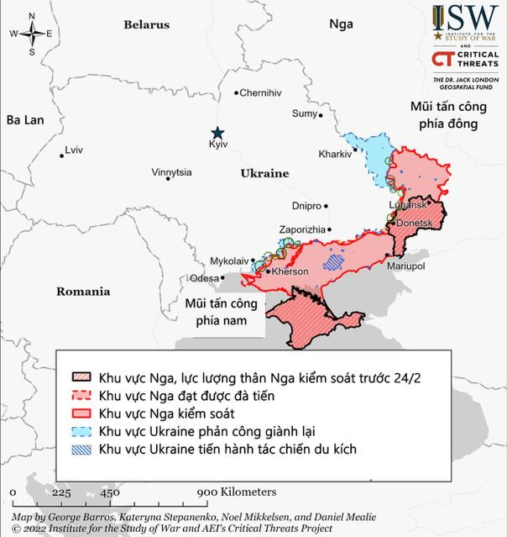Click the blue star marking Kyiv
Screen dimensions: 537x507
217,133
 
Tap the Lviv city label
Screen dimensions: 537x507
74,150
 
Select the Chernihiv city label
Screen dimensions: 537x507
261,93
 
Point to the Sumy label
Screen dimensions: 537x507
303,113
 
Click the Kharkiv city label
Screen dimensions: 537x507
335,155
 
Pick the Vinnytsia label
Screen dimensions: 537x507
171,172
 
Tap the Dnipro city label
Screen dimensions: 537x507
306,206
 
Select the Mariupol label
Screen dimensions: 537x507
405,266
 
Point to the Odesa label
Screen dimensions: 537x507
204,278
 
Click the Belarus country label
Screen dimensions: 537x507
147,25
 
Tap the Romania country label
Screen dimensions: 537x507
83,292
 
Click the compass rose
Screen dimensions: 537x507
31,34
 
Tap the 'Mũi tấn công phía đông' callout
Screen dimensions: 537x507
443,115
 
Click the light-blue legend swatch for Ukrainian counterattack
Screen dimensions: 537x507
81,432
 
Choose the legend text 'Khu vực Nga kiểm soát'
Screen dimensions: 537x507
166,413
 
